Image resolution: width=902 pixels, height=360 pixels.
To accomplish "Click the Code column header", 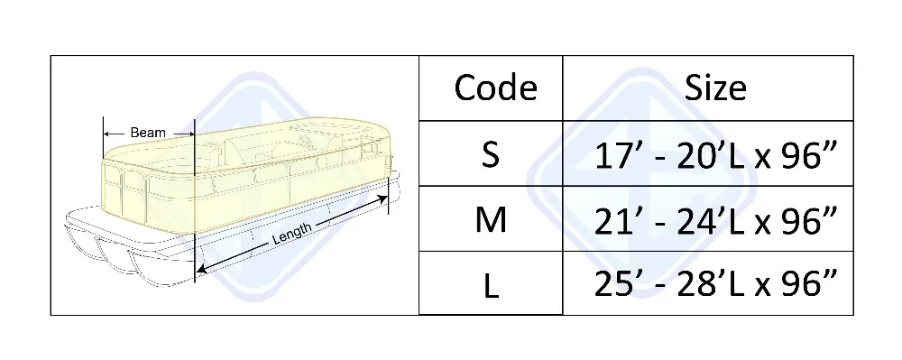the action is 494,88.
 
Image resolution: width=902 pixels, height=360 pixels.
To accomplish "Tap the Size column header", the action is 715,88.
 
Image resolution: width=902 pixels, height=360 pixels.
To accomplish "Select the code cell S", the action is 491,155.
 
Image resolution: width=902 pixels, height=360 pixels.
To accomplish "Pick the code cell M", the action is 491,220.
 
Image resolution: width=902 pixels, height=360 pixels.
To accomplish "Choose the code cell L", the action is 491,285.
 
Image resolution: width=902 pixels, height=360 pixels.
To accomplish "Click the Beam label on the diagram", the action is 148,133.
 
